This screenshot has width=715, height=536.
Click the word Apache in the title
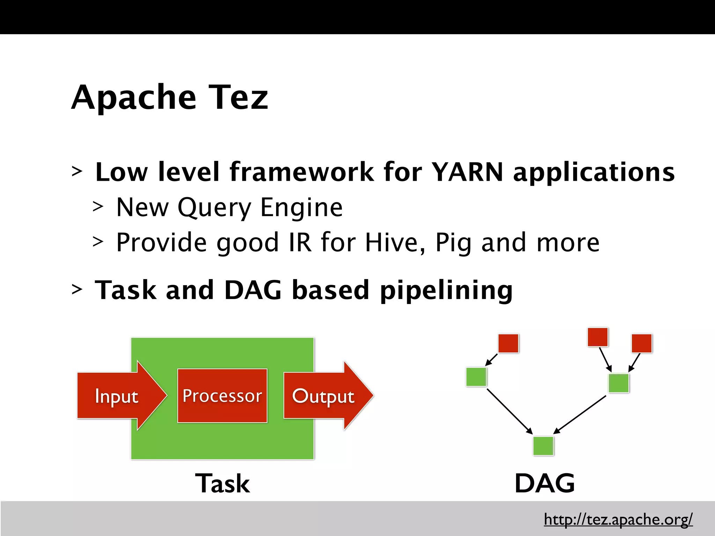[x=134, y=98]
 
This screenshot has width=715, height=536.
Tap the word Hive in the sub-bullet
[x=391, y=242]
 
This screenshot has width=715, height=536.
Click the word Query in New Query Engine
[x=214, y=208]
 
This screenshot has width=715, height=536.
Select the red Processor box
[x=222, y=396]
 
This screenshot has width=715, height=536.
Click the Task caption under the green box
[x=222, y=483]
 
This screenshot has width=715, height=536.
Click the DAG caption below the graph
[x=545, y=483]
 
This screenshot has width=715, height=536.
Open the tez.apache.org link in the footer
[x=618, y=519]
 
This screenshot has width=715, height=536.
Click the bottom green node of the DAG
[x=543, y=446]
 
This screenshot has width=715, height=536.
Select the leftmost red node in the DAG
[x=508, y=343]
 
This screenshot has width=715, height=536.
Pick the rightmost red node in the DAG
[x=642, y=343]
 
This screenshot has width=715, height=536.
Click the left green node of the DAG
[x=476, y=377]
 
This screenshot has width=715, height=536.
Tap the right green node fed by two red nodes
[x=619, y=383]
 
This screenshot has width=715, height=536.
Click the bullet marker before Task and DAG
[x=77, y=290]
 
